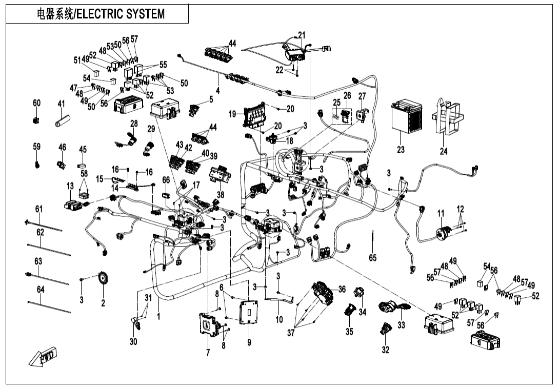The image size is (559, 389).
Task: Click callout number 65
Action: [373, 258]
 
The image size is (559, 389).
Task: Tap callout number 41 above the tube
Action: [61, 104]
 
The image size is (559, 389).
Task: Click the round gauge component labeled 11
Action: [442, 234]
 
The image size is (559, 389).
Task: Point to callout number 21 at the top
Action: [302, 35]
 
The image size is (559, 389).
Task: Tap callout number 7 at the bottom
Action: [208, 353]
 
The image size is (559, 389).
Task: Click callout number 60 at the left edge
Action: [36, 103]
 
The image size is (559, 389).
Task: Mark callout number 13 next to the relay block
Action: [70, 185]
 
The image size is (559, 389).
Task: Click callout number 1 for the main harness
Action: [158, 317]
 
